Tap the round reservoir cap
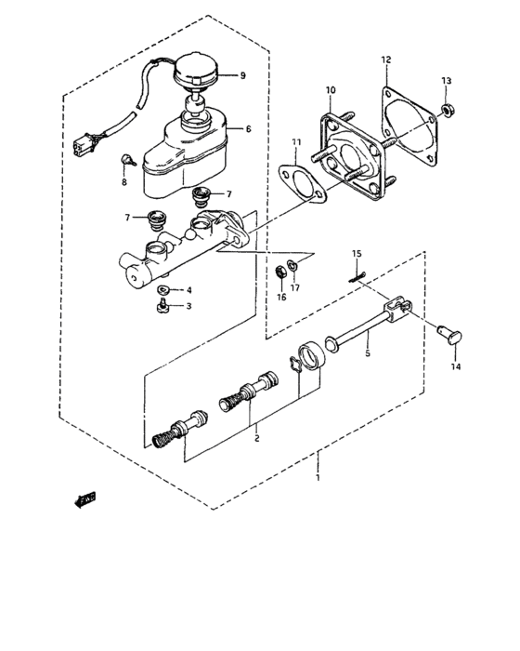pos(198,70)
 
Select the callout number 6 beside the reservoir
pos(248,129)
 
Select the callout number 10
pos(329,90)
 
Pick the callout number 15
pos(356,254)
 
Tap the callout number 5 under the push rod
pos(367,353)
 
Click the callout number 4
pos(189,290)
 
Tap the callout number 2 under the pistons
pos(257,432)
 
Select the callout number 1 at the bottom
pos(317,478)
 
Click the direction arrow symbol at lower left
pos(85,500)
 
